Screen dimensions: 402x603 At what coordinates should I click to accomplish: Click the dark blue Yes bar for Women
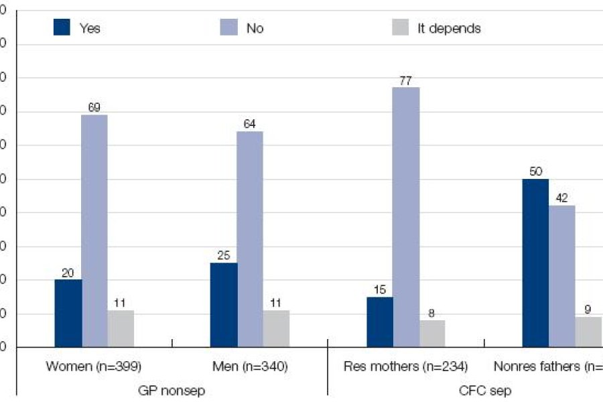pos(68,313)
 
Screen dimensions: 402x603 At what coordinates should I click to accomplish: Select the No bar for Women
pos(94,230)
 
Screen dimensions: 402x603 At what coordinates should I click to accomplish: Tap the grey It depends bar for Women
pos(121,328)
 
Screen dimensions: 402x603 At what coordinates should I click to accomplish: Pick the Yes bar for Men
pos(223,305)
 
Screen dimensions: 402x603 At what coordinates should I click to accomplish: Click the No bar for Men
pos(250,239)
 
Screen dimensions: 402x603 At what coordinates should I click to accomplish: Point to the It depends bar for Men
pos(276,328)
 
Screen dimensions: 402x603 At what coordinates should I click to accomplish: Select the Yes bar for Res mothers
pos(380,322)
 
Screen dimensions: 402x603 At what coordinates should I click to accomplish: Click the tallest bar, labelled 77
pos(406,217)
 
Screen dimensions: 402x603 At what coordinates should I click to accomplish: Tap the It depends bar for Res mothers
pos(432,333)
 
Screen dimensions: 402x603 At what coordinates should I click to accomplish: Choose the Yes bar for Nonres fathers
pos(535,263)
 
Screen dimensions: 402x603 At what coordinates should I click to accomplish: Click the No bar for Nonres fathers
pos(561,276)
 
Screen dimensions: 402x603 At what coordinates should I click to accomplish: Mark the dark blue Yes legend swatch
pos(62,27)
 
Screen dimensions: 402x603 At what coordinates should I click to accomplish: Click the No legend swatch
pos(228,27)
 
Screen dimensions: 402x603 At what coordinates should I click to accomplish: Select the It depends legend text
pos(448,29)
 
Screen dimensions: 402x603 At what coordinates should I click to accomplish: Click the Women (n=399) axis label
pos(94,366)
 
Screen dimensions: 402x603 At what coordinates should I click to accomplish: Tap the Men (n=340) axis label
pos(249,366)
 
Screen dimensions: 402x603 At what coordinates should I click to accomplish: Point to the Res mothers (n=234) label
pos(405,366)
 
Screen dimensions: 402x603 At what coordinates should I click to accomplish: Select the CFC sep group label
pos(482,391)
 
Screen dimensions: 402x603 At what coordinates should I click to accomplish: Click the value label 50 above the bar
pos(535,172)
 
